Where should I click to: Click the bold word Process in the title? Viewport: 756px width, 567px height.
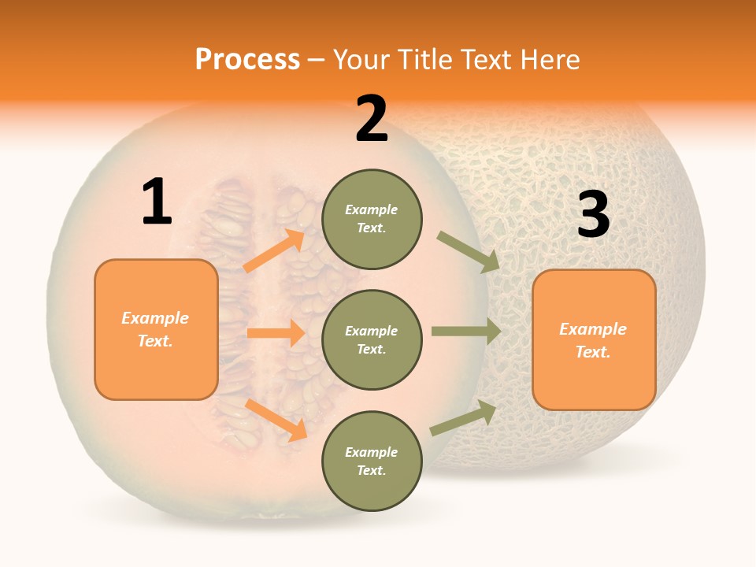tap(247, 60)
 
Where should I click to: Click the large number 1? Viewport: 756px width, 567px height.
tap(157, 202)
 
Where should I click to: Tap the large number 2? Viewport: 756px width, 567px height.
tap(372, 120)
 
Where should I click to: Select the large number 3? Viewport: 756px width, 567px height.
tap(594, 215)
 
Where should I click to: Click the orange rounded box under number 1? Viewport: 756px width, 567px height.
tap(156, 329)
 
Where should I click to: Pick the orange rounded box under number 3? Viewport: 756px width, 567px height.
tap(594, 339)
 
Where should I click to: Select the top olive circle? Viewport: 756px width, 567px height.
tap(372, 219)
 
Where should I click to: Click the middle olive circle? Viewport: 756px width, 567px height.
tap(372, 339)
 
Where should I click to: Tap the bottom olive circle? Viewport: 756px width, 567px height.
tap(372, 461)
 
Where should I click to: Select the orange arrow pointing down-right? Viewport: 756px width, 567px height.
tap(276, 419)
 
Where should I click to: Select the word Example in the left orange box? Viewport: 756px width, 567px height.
tap(155, 318)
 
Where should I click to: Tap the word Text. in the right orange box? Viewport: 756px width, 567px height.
tap(593, 352)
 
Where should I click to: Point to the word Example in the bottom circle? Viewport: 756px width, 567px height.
tap(371, 452)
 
